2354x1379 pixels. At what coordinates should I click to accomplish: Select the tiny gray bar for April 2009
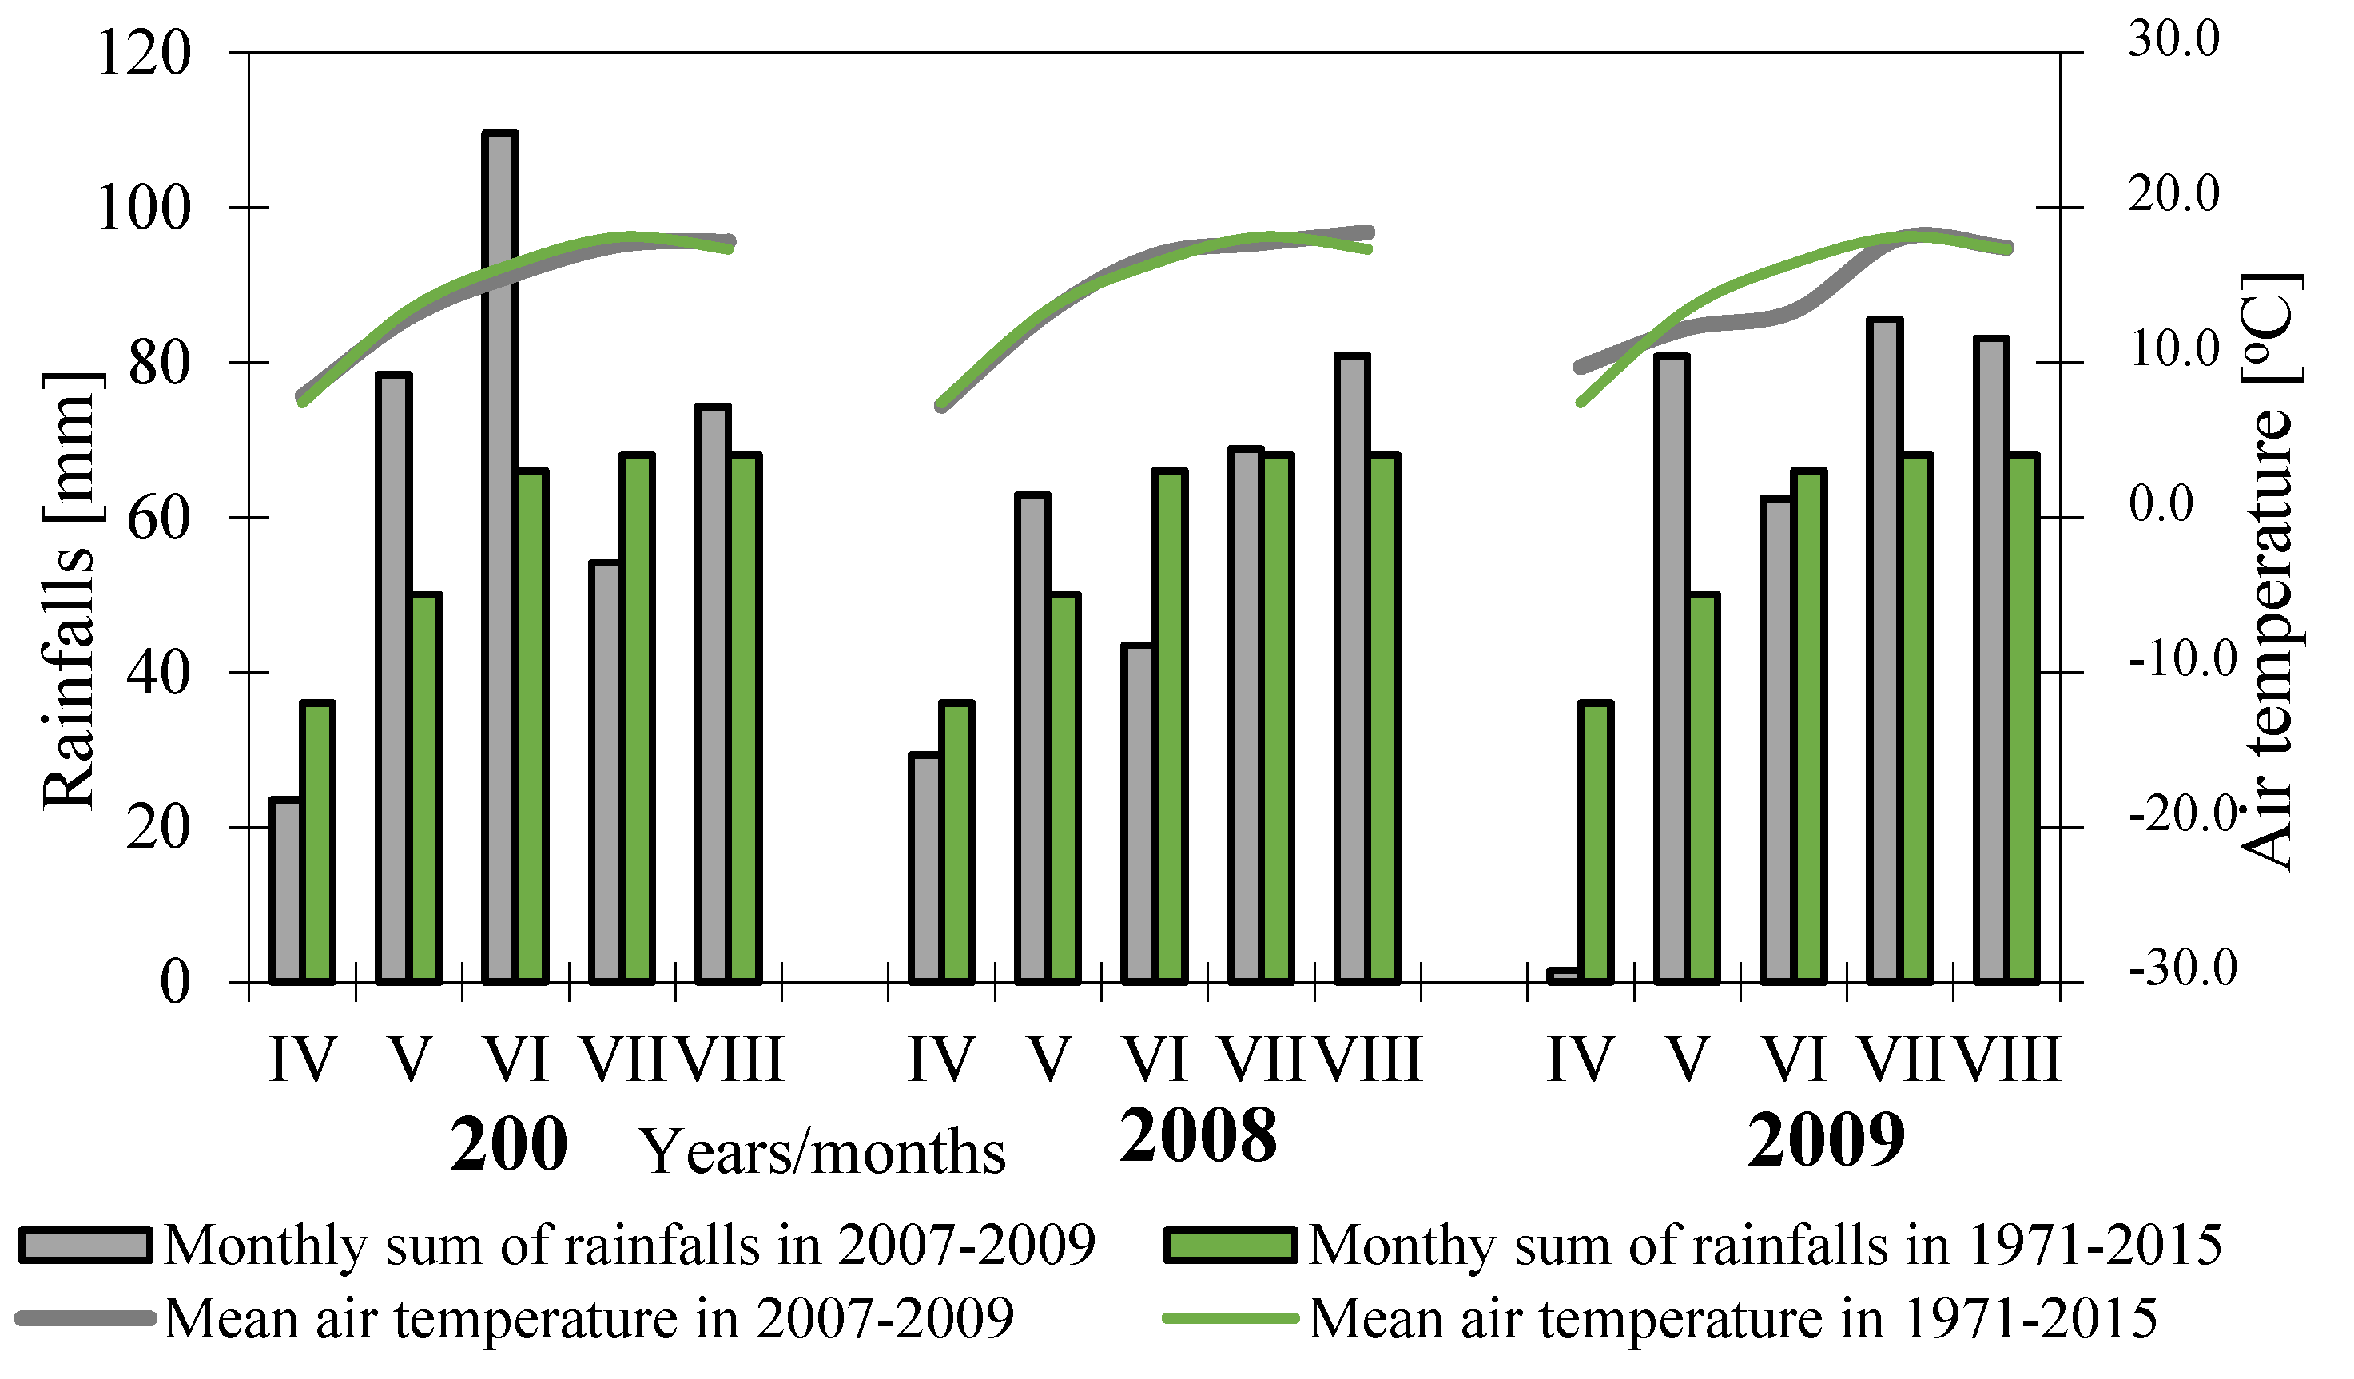point(1563,976)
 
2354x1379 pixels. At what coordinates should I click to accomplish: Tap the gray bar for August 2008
point(1352,669)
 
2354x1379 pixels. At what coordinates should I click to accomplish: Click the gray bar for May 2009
point(1671,669)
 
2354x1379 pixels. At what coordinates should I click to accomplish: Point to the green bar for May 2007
point(425,789)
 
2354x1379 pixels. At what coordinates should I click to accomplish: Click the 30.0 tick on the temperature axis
point(2173,39)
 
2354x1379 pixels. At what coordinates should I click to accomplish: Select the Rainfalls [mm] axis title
point(70,590)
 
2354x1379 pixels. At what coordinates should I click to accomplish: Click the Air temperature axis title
point(2270,572)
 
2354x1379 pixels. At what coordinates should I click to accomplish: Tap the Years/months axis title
point(823,1153)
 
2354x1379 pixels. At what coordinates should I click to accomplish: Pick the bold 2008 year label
point(1199,1137)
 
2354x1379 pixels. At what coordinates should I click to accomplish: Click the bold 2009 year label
point(1826,1141)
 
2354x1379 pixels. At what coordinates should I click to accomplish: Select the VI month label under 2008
point(1155,1060)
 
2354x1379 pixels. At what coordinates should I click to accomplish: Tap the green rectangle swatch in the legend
point(1231,1246)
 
